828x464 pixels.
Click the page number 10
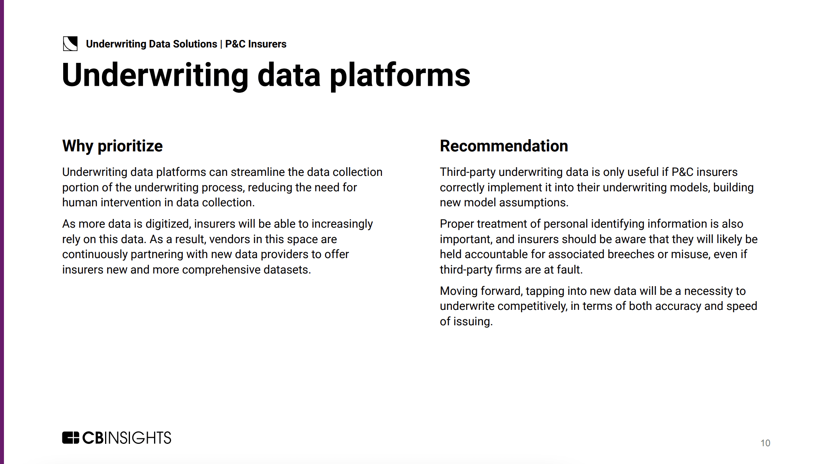tap(765, 443)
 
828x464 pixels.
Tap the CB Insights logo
tap(117, 438)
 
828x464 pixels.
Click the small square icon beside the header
tap(70, 43)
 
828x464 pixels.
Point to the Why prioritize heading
tap(113, 146)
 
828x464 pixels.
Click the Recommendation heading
tap(504, 146)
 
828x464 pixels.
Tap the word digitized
tap(168, 224)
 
